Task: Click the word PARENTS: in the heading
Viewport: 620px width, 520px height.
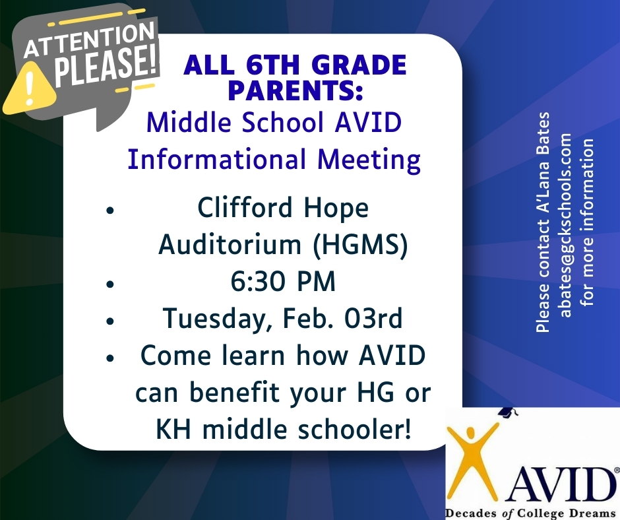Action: click(295, 90)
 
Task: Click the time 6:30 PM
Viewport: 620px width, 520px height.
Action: click(282, 282)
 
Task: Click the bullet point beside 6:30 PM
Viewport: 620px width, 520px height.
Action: click(110, 284)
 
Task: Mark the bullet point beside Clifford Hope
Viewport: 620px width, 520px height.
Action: click(110, 211)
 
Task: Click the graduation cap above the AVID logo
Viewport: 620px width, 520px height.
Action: click(505, 411)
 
